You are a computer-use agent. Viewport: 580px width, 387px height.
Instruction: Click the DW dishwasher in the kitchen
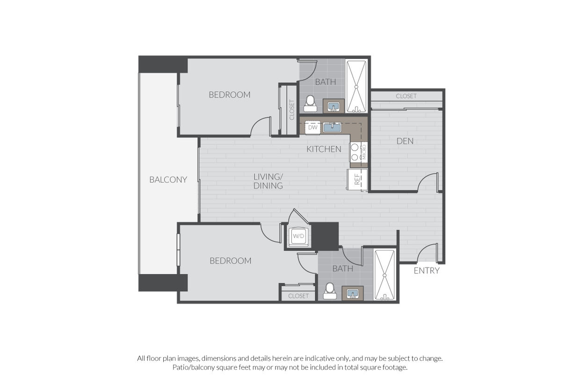click(x=312, y=127)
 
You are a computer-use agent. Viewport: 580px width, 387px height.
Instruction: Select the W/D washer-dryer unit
click(x=298, y=236)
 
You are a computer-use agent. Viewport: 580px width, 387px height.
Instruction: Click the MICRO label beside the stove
click(x=364, y=152)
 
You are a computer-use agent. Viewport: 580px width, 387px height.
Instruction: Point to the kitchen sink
click(x=332, y=127)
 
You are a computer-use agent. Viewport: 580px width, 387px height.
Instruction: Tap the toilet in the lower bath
click(x=330, y=291)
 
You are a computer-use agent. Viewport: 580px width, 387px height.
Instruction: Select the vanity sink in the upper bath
click(x=333, y=106)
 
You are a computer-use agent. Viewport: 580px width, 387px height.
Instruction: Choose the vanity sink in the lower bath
click(x=353, y=293)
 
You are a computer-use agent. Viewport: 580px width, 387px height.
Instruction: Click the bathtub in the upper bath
click(x=356, y=87)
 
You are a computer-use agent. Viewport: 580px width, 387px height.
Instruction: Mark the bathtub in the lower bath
click(x=385, y=275)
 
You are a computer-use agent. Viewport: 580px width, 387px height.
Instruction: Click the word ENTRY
click(x=427, y=270)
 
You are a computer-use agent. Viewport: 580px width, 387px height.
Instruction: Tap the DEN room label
click(x=405, y=141)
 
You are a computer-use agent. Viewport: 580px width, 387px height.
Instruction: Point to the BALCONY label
click(x=168, y=180)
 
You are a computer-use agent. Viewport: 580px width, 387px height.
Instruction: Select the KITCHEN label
click(x=324, y=149)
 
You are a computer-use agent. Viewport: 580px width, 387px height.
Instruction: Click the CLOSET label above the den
click(x=406, y=96)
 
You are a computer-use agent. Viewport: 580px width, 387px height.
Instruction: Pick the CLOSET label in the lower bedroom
click(x=298, y=296)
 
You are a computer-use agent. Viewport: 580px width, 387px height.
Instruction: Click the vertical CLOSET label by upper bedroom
click(x=292, y=110)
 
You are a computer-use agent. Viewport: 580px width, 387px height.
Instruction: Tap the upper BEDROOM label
click(x=230, y=95)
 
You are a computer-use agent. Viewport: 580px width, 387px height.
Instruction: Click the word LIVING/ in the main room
click(x=268, y=177)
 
